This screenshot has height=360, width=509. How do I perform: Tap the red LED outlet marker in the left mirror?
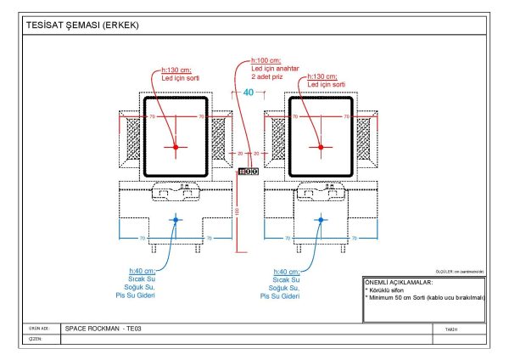pyautogui.click(x=176, y=147)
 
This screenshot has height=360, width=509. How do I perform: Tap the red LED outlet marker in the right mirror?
pyautogui.click(x=322, y=147)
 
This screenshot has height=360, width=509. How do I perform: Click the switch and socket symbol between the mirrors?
pyautogui.click(x=248, y=172)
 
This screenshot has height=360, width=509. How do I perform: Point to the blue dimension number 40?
pyautogui.click(x=249, y=92)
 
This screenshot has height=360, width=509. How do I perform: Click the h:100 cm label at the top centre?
pyautogui.click(x=266, y=61)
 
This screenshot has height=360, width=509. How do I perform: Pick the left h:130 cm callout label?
pyautogui.click(x=177, y=70)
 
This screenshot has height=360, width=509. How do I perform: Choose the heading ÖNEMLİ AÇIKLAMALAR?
pyautogui.click(x=398, y=281)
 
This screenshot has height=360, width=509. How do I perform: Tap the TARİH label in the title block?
pyautogui.click(x=450, y=329)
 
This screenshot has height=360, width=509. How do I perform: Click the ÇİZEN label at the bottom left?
pyautogui.click(x=36, y=338)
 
